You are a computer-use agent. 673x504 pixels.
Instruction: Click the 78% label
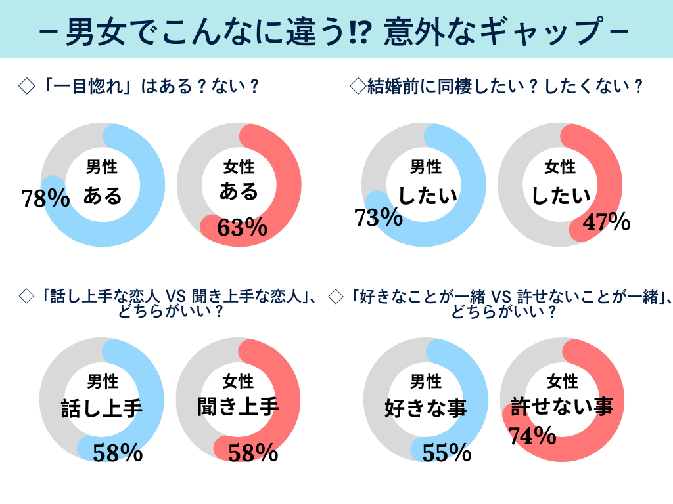(x=45, y=198)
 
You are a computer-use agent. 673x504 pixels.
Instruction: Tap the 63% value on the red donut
(x=242, y=227)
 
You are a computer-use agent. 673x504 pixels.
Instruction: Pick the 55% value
(x=447, y=452)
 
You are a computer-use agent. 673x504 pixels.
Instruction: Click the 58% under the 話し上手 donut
(x=118, y=452)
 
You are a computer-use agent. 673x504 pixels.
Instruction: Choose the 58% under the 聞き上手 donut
(x=254, y=452)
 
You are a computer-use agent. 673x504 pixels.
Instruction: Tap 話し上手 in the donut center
(x=102, y=409)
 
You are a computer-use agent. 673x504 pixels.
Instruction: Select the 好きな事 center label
(x=425, y=408)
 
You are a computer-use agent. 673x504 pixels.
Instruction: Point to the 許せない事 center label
(x=562, y=407)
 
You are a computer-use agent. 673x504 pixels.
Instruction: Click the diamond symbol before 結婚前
(x=358, y=86)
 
